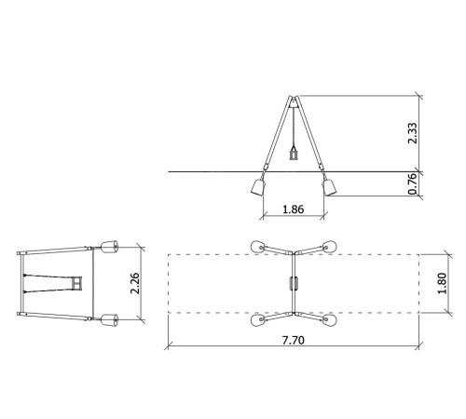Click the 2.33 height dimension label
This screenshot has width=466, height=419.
pyautogui.click(x=413, y=133)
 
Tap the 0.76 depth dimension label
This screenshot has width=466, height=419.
pyautogui.click(x=413, y=183)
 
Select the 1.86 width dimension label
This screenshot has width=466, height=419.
pyautogui.click(x=294, y=209)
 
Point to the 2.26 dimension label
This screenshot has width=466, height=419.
pyautogui.click(x=135, y=283)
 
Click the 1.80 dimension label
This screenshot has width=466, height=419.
pyautogui.click(x=442, y=283)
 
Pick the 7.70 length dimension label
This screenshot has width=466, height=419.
pyautogui.click(x=294, y=341)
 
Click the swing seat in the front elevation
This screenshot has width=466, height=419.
pyautogui.click(x=294, y=155)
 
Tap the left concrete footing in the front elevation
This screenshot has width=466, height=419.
pyautogui.click(x=258, y=187)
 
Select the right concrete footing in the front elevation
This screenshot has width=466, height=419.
pyautogui.click(x=329, y=187)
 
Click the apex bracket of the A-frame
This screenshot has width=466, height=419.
pyautogui.click(x=294, y=101)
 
